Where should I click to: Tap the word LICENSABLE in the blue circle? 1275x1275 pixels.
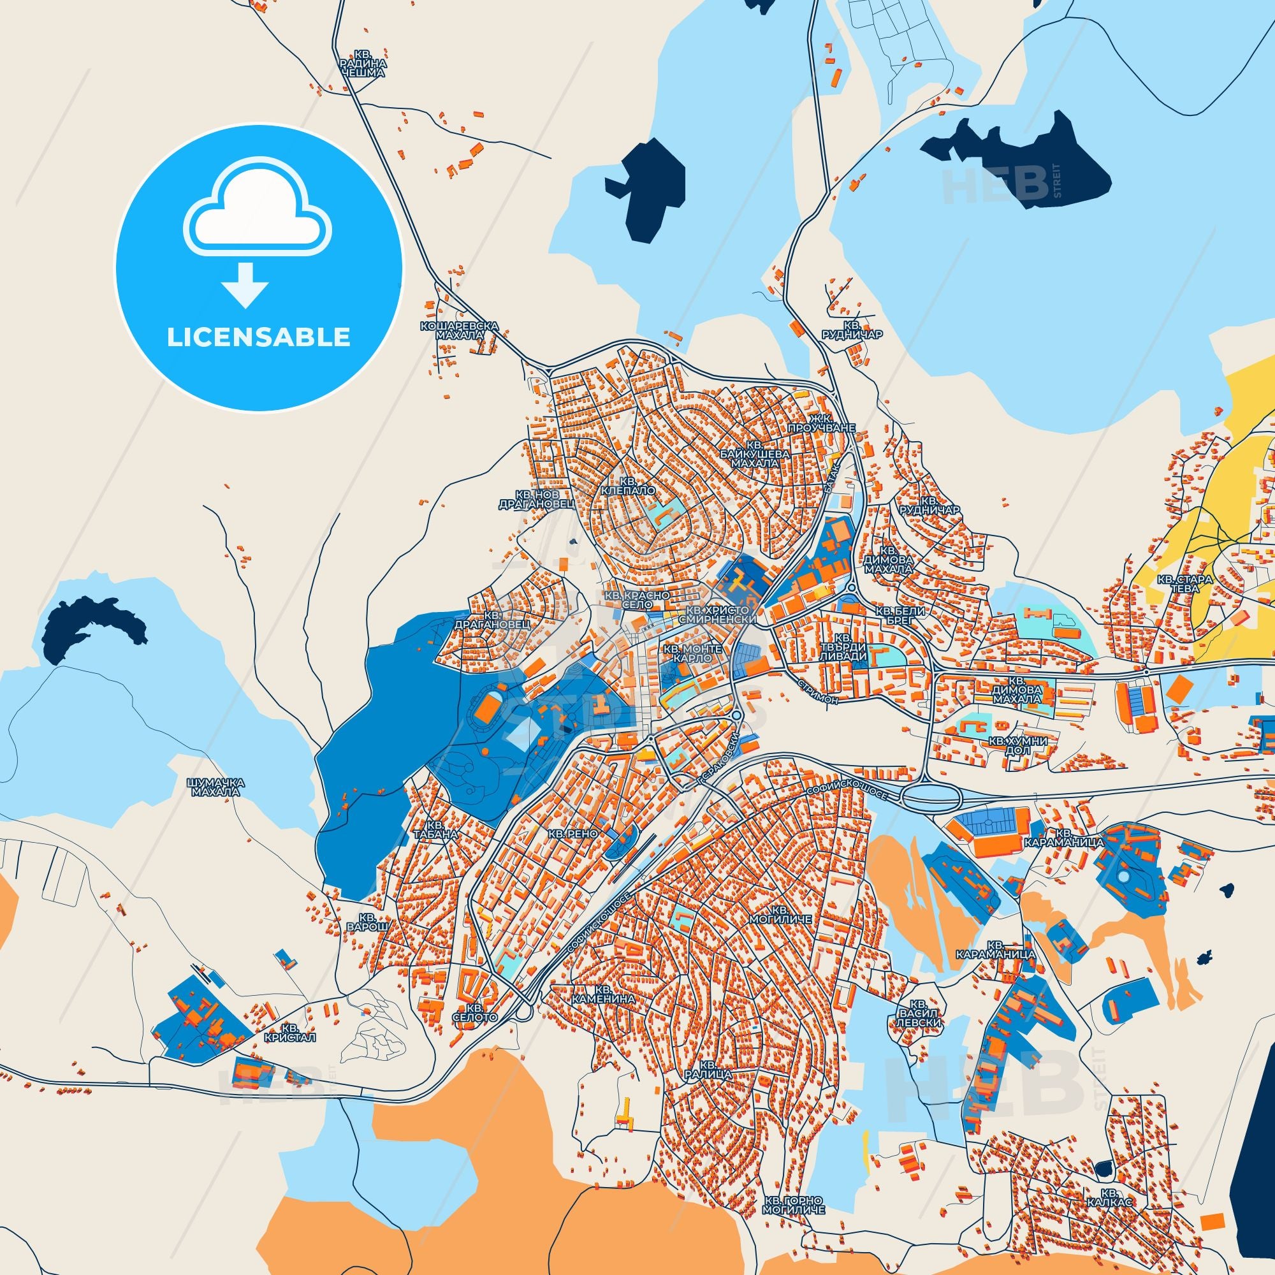click(x=258, y=337)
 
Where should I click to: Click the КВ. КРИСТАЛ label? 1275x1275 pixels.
click(x=298, y=1032)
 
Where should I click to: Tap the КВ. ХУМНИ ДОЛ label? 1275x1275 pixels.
click(x=1017, y=746)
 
